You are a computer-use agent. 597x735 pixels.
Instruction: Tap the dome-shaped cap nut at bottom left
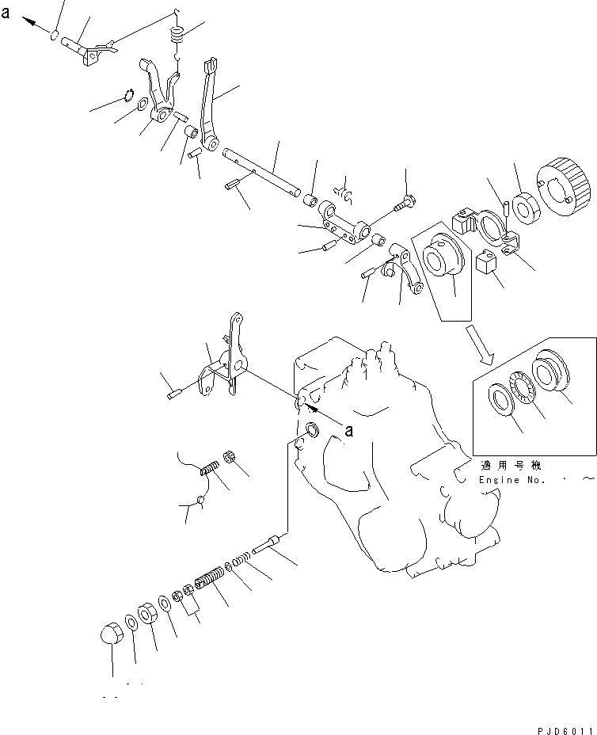click(111, 635)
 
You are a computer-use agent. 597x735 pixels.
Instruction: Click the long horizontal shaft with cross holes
click(262, 170)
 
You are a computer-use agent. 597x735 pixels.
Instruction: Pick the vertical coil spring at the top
click(177, 36)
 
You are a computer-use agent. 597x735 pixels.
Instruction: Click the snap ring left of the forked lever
click(130, 97)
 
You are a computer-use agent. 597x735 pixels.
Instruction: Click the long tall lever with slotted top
click(210, 107)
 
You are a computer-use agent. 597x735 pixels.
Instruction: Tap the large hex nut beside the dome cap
click(147, 613)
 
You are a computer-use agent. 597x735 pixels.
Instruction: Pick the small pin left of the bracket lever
click(177, 390)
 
